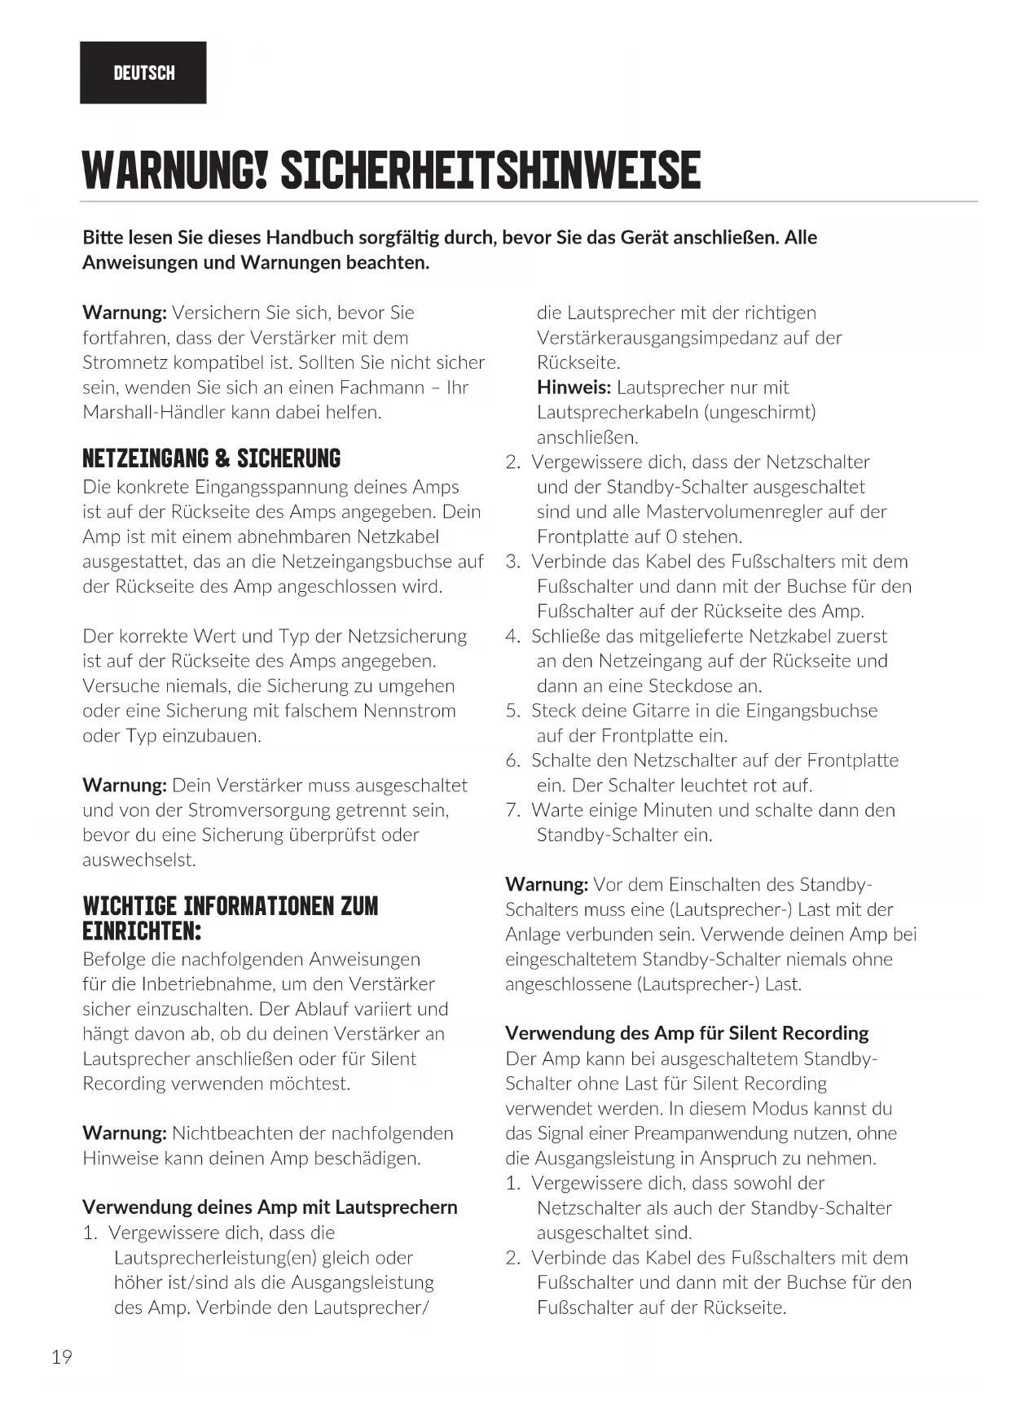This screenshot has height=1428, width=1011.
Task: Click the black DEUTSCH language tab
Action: point(143,72)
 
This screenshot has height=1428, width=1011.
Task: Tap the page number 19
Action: point(62,1356)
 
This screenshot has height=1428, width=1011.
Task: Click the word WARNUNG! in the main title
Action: point(174,169)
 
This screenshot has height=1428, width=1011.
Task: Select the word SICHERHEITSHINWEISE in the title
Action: point(490,169)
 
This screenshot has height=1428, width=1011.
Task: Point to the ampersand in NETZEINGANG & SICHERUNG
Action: point(222,458)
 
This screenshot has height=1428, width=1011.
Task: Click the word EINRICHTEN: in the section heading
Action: point(141,931)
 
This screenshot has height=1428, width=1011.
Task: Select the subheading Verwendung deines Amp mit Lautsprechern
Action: point(270,1207)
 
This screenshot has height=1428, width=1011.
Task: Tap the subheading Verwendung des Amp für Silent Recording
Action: point(687,1032)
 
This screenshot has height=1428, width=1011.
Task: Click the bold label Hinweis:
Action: point(574,388)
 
